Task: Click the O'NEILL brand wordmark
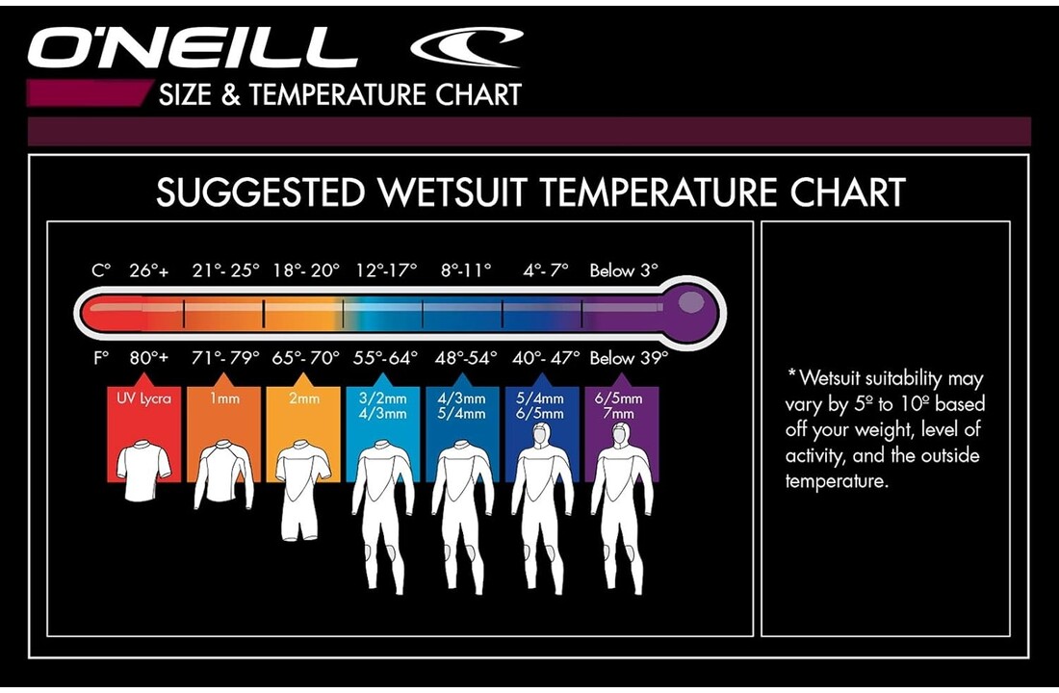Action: coord(193,47)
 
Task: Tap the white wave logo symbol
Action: coord(467,45)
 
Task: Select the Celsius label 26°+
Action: coord(149,271)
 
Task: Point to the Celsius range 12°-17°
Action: coord(385,271)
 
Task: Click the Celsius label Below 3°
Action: coord(624,271)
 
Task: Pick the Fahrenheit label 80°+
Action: coord(149,358)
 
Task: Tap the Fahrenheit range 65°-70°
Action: coord(306,358)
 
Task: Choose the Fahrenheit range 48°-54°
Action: coord(464,358)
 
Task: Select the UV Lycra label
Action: coord(143,398)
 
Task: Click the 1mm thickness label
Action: coord(223,398)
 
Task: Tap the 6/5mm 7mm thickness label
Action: coord(621,405)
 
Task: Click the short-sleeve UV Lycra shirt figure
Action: coord(143,472)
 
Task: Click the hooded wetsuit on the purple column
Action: coord(622,510)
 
